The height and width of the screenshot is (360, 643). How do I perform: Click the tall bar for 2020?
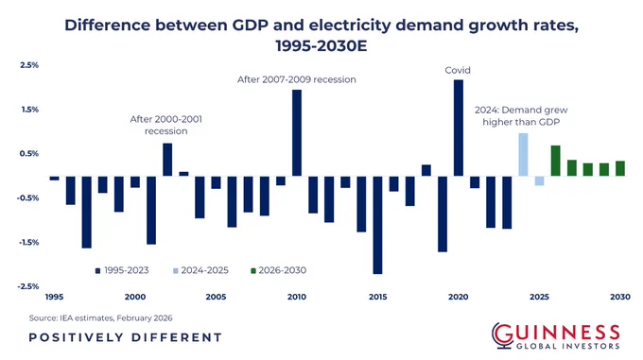[x=458, y=128]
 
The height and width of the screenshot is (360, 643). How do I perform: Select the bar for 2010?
[x=297, y=132]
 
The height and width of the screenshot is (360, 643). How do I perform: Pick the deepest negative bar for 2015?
[x=377, y=225]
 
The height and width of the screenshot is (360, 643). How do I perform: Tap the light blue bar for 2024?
[x=523, y=154]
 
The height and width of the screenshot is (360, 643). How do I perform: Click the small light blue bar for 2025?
[x=539, y=180]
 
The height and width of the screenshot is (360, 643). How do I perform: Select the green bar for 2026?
[x=555, y=161]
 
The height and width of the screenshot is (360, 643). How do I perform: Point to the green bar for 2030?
[x=620, y=168]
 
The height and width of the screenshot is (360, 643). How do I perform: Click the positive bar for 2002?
[x=167, y=160]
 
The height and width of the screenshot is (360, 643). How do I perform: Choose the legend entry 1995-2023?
[x=122, y=270]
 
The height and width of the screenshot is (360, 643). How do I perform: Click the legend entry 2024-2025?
[x=200, y=270]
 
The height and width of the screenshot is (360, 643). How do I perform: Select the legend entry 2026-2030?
[x=278, y=270]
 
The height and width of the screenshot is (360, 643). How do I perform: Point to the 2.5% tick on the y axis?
[x=28, y=65]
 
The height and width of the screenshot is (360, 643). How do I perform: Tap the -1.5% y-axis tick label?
[x=27, y=242]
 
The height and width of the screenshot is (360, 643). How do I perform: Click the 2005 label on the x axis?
[x=216, y=297]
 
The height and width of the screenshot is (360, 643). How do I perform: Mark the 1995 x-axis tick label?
[x=54, y=297]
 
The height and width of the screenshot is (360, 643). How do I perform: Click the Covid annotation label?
[x=458, y=71]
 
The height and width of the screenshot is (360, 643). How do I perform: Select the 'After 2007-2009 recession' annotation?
[x=297, y=79]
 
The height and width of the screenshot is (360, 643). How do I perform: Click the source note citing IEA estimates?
[x=100, y=317]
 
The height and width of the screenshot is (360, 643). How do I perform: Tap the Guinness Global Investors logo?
[x=556, y=335]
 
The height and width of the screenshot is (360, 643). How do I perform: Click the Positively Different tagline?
[x=125, y=337]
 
